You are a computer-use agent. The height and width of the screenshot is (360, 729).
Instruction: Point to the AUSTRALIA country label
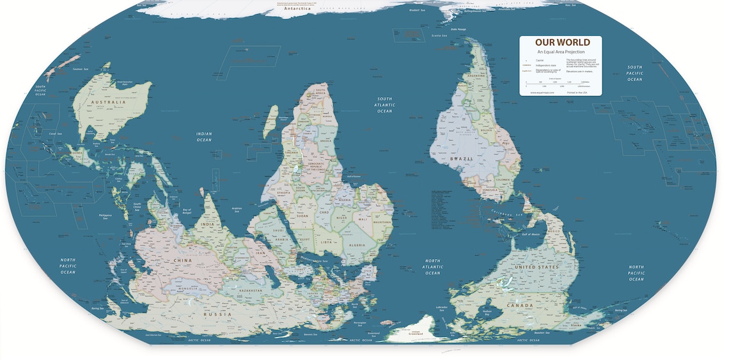[x=108, y=102]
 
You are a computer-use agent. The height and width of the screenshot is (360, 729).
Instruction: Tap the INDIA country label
[x=207, y=225]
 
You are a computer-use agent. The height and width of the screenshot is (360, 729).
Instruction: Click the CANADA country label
[x=519, y=306]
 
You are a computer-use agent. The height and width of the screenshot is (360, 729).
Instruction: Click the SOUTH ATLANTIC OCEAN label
[x=384, y=105]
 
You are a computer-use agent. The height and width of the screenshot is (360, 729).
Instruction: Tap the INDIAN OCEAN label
[x=203, y=136]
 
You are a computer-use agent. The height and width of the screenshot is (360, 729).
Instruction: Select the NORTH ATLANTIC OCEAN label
[x=433, y=267]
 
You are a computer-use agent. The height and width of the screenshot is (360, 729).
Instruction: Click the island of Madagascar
[x=270, y=121]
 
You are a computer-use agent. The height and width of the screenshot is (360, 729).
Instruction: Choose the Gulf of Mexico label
[x=531, y=235]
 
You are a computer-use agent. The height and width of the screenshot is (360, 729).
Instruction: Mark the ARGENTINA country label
[x=476, y=76]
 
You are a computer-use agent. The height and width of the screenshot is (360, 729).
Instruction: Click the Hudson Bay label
[x=486, y=312]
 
